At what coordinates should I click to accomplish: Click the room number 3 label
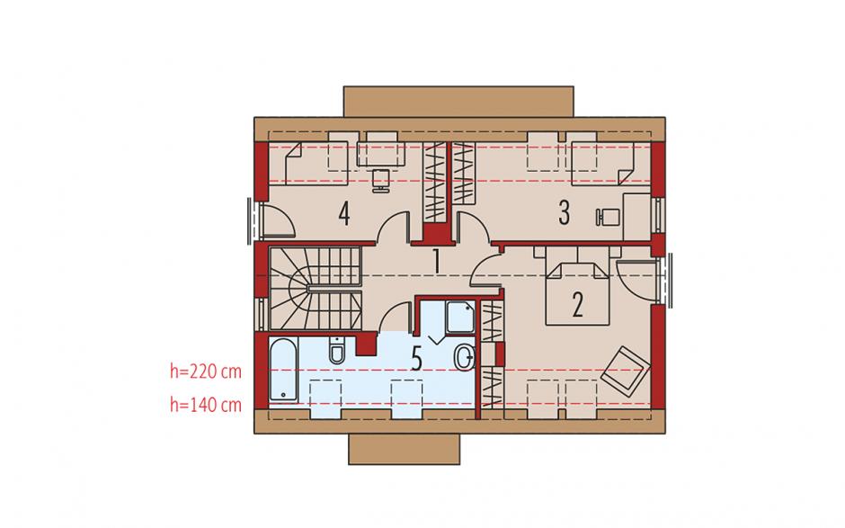coord(564,212)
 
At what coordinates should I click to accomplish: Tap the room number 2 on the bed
coord(577,305)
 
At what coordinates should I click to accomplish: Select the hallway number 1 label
coord(437,262)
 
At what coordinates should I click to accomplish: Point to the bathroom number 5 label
coord(416,359)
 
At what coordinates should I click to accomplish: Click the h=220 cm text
coord(206,371)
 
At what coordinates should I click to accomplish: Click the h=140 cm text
coord(206,405)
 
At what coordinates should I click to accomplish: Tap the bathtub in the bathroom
coord(283,370)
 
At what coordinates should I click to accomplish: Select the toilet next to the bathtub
coord(337,351)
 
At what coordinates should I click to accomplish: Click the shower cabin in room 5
coord(459,318)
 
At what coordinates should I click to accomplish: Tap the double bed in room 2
coord(578,286)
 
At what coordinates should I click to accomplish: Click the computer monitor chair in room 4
coord(381,180)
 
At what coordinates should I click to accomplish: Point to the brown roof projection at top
coord(458,102)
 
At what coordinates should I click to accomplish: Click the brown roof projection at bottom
coord(405,449)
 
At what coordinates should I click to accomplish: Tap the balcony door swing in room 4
coord(278,219)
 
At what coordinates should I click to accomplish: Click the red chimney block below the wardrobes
coord(436,234)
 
